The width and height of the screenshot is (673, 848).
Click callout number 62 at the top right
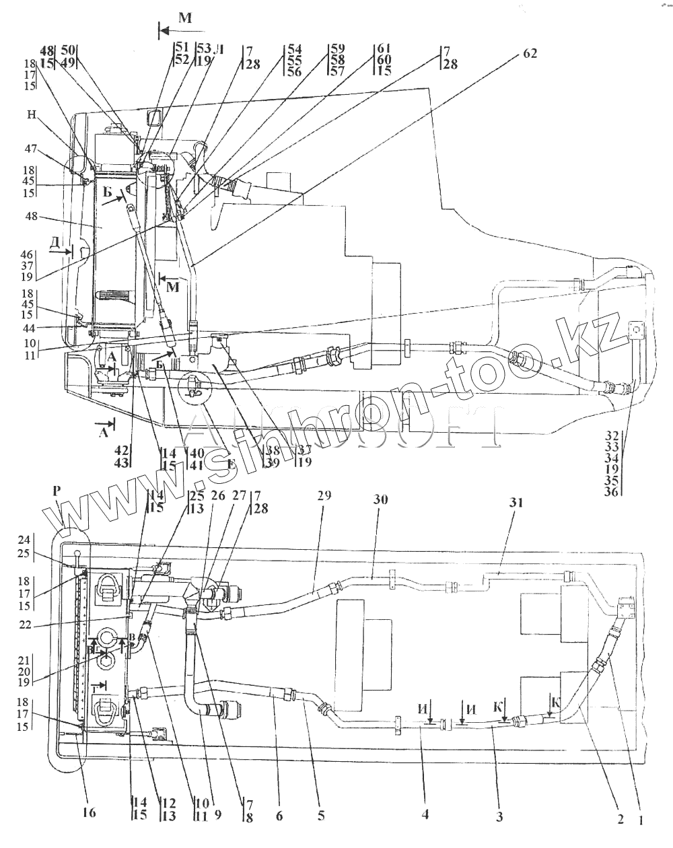coord(530,55)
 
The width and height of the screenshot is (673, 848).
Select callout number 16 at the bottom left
coord(88,813)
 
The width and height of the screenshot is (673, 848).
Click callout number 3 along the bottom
coord(499,816)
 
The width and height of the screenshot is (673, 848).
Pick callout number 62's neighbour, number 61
coord(383,49)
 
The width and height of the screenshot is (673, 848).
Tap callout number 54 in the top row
coord(295,49)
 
